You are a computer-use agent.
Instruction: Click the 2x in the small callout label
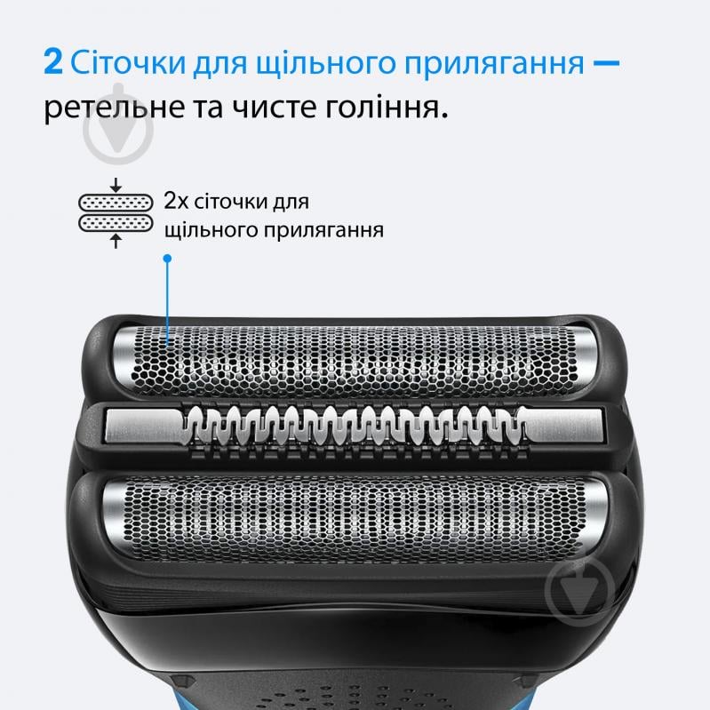tap(175, 202)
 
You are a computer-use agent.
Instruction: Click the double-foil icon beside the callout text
tap(116, 213)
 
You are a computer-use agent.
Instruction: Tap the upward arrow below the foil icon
tap(116, 241)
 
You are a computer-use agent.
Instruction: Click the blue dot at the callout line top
tap(167, 259)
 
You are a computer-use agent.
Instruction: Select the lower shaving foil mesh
tap(355, 513)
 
